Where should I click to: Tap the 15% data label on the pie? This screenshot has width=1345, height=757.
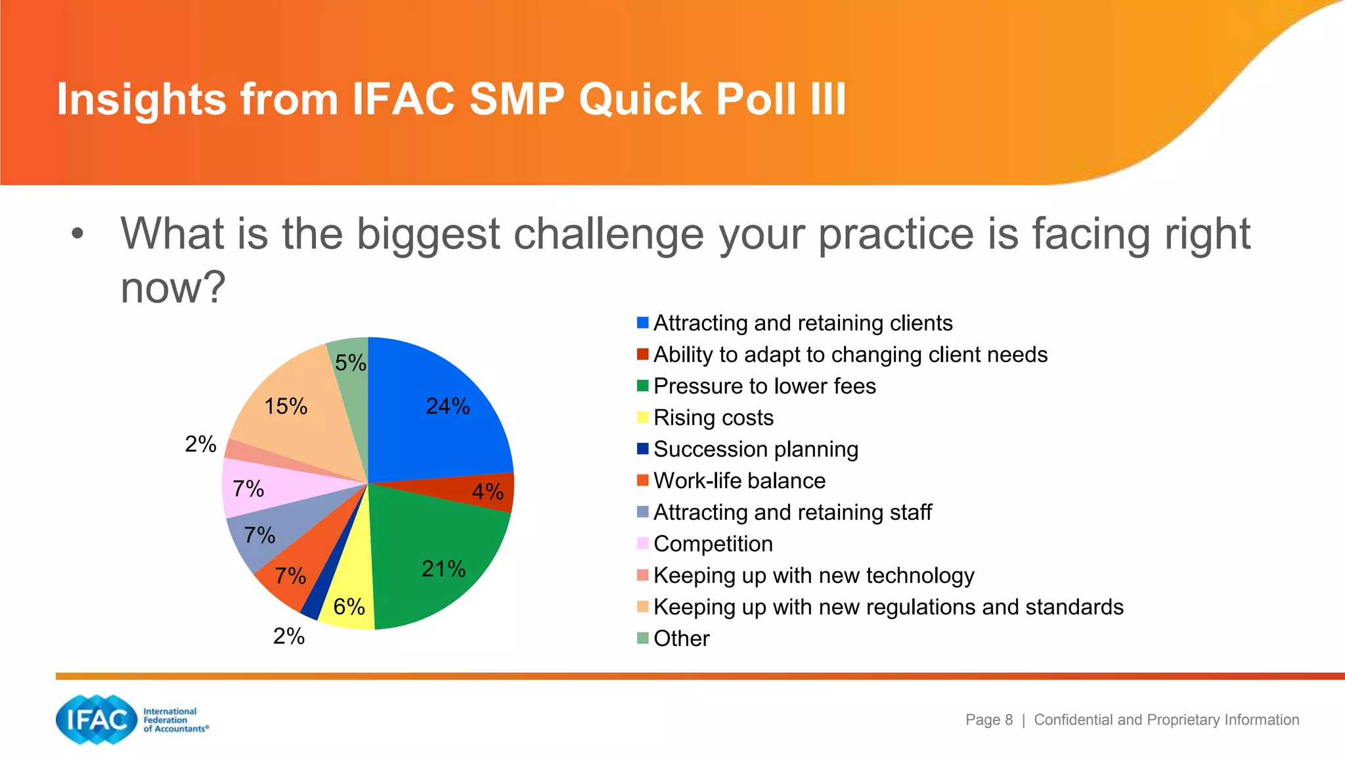tap(286, 406)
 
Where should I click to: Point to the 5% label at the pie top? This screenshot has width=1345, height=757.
tap(350, 363)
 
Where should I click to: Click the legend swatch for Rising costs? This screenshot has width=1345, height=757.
tap(642, 417)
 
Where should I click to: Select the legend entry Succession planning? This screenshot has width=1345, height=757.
tap(755, 449)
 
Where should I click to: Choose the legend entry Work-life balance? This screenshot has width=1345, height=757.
tap(739, 480)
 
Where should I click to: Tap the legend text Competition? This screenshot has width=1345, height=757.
tap(713, 543)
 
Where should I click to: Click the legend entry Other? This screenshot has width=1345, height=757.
tap(681, 638)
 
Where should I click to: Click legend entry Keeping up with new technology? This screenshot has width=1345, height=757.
tap(813, 575)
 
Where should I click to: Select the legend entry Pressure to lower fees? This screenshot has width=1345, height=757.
tap(764, 386)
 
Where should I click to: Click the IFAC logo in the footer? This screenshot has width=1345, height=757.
tap(97, 720)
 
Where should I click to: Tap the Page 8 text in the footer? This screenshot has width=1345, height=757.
tap(988, 720)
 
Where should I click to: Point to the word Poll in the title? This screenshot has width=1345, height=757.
tap(755, 100)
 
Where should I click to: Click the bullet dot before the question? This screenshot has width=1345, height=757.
tap(77, 234)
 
